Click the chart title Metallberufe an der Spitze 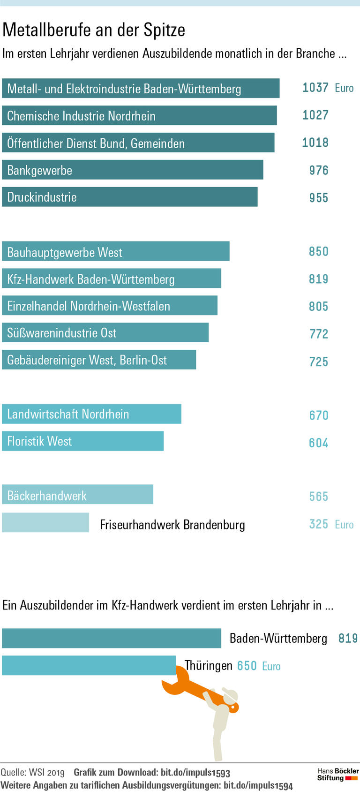pos(94,30)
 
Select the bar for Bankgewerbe pos(132,170)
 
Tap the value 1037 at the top pos(315,88)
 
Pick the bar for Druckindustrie pos(129,197)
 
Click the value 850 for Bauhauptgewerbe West pos(318,251)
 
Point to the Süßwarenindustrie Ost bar pos(105,333)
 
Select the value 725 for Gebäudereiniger pos(318,361)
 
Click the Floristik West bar pos(82,441)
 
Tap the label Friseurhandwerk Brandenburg pos(172,525)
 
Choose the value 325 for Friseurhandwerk pos(318,524)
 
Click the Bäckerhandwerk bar pos(77,495)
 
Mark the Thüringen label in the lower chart pos(209,666)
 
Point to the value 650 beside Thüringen pos(247,666)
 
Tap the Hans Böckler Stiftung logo pos(337,774)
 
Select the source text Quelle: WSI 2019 pos(32,772)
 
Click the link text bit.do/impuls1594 pos(258,786)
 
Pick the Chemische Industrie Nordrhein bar pos(139,115)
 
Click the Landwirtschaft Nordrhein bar pos(91,414)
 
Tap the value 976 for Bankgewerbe pos(318,170)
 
